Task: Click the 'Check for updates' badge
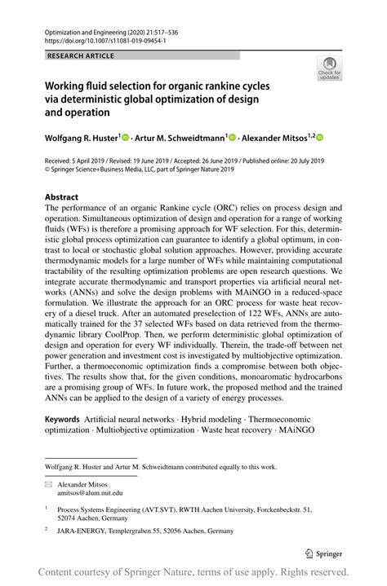click(331, 68)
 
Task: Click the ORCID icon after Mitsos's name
click(321, 138)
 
